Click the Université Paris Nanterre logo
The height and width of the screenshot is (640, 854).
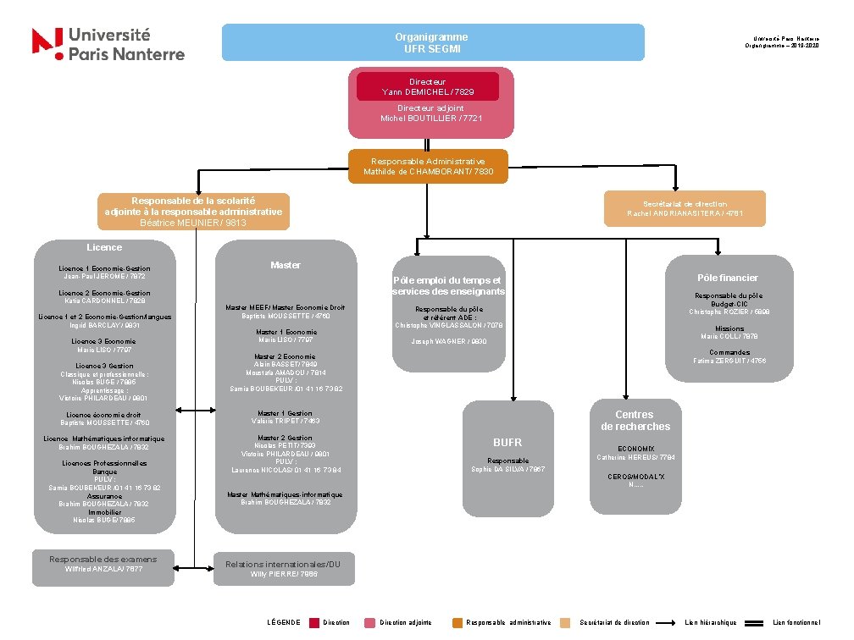pyautogui.click(x=108, y=43)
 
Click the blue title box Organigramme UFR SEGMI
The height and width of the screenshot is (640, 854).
pyautogui.click(x=432, y=42)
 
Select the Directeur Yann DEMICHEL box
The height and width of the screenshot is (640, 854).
pyautogui.click(x=428, y=86)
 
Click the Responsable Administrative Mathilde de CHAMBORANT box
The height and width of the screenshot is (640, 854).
pyautogui.click(x=428, y=166)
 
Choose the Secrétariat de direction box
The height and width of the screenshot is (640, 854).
pyautogui.click(x=685, y=208)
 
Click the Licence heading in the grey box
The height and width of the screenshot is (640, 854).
pyautogui.click(x=104, y=247)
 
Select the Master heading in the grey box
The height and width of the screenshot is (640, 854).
pyautogui.click(x=285, y=265)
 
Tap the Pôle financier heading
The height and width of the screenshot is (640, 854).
pyautogui.click(x=727, y=278)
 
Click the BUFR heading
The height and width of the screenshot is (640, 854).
pyautogui.click(x=507, y=443)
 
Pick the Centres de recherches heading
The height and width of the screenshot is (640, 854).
pyautogui.click(x=635, y=420)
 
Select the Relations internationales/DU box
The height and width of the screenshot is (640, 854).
pyautogui.click(x=284, y=569)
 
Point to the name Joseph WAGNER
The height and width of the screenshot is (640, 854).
pyautogui.click(x=448, y=341)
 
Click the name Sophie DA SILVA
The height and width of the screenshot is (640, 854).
pyautogui.click(x=507, y=469)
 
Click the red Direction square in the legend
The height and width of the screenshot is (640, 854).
pyautogui.click(x=314, y=622)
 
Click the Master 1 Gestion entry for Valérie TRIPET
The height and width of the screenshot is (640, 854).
pyautogui.click(x=285, y=417)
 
